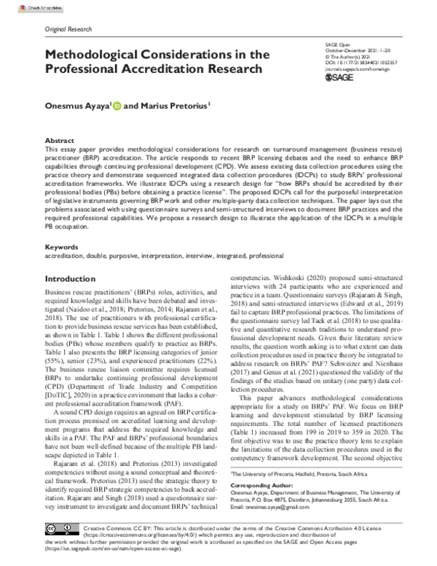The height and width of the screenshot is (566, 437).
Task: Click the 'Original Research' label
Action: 68,29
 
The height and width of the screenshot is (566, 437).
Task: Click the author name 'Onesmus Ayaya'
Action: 77,106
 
